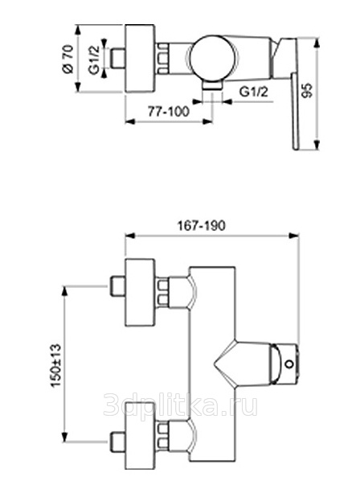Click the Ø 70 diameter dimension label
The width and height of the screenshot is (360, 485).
[x=68, y=59]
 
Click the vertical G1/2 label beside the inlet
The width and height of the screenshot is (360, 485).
[x=94, y=60]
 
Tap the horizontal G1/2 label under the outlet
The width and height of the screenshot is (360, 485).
[x=254, y=92]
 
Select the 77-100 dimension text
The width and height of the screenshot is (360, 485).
[x=168, y=111]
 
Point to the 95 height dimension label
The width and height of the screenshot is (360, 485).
[x=307, y=90]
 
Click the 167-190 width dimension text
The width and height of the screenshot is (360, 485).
[x=201, y=225]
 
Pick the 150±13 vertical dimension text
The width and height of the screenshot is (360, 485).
[x=55, y=365]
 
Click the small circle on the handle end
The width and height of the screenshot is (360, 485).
[x=289, y=364]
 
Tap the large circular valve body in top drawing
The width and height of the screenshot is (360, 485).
[x=214, y=60]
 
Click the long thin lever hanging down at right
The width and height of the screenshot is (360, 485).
[x=295, y=112]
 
